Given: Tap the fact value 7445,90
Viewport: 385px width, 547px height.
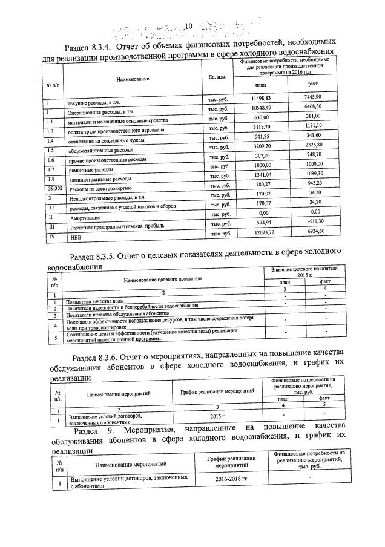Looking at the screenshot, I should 317,96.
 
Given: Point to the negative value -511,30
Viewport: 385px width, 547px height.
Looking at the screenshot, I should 315,223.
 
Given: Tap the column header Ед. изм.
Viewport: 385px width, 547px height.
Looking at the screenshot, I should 217,77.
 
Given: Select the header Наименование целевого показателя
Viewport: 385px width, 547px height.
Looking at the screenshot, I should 163,280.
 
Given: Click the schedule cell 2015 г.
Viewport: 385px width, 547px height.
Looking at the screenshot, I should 217,418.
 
